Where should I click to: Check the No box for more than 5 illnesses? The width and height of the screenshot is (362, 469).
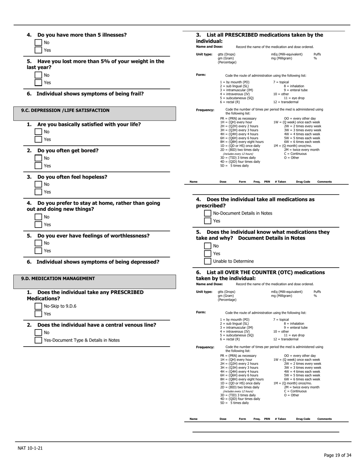(x=38, y=43)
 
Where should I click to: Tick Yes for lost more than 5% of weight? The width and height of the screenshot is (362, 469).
(x=38, y=83)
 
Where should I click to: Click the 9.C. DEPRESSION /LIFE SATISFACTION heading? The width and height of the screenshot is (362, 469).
(x=65, y=111)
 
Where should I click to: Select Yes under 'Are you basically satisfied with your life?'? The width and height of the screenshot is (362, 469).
(x=38, y=140)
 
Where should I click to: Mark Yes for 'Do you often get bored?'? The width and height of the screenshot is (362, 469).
(x=38, y=166)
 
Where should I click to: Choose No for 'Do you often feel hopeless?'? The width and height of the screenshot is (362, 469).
(x=38, y=185)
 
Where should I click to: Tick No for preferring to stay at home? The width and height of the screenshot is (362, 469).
(x=38, y=217)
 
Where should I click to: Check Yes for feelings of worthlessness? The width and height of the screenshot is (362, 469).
(x=38, y=251)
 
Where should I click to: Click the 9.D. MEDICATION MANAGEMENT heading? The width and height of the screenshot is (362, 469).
(x=58, y=278)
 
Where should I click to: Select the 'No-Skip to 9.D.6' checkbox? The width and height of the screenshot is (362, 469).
(x=38, y=306)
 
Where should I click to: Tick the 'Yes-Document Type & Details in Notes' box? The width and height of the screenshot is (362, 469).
(x=38, y=340)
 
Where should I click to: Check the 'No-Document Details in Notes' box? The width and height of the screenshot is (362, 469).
(x=208, y=214)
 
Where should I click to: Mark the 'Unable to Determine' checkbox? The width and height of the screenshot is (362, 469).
(x=208, y=261)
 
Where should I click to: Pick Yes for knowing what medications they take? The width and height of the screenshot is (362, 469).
(x=208, y=254)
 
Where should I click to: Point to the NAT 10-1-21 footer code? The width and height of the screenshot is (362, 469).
(x=30, y=448)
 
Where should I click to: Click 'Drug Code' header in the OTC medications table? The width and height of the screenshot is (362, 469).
(x=303, y=419)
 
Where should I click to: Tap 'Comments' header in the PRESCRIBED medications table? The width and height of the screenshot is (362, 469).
(x=324, y=181)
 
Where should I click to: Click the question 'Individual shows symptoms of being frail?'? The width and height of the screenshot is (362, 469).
(x=90, y=94)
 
